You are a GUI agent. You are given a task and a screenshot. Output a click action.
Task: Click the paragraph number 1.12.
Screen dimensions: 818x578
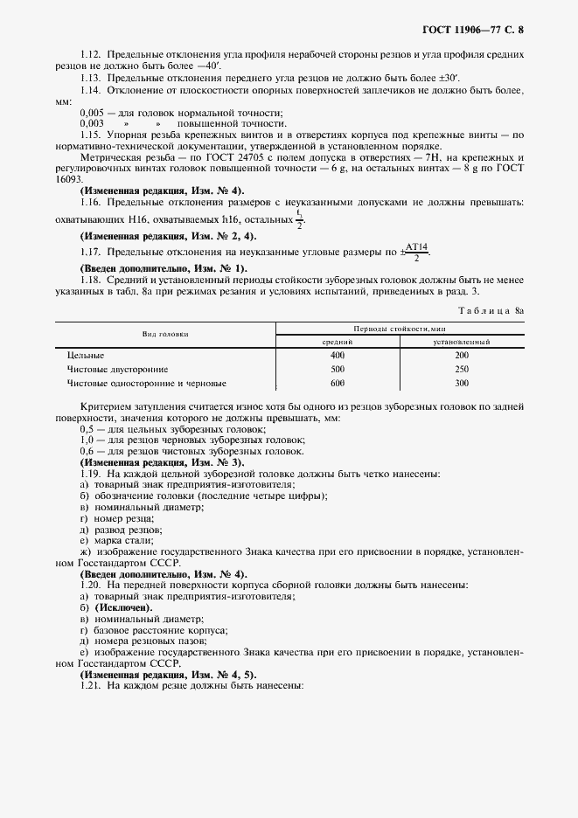[92, 54]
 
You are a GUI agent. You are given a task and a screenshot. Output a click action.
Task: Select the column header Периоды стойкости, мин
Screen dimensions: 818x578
[400, 328]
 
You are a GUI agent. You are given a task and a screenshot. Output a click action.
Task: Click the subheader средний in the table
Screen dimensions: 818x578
[338, 342]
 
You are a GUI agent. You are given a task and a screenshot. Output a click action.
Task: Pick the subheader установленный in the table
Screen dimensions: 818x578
[462, 342]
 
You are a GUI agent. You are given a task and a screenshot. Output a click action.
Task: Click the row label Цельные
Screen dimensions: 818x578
[86, 356]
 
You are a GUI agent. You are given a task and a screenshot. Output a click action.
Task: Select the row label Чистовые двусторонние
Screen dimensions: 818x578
[118, 369]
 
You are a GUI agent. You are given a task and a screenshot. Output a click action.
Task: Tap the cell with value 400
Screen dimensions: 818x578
[338, 356]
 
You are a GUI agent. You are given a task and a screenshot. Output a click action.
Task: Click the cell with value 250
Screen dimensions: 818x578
[462, 369]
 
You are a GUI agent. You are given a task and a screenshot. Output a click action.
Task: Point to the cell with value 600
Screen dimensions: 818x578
[338, 383]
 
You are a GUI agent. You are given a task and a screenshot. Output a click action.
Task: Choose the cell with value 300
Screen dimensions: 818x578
[462, 383]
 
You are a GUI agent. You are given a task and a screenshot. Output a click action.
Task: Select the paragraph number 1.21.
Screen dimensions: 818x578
[92, 687]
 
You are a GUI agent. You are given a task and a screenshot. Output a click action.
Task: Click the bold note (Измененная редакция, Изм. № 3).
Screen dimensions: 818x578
[162, 461]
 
